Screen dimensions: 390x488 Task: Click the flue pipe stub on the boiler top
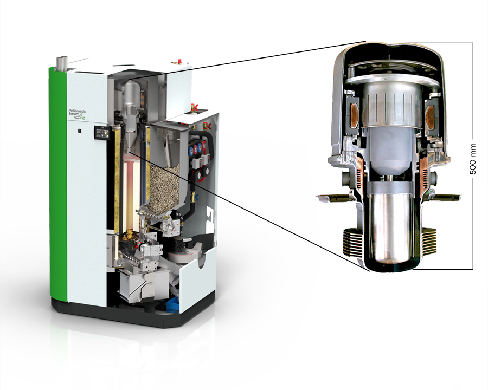(x=61, y=64)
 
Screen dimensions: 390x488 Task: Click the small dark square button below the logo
(x=79, y=131)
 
